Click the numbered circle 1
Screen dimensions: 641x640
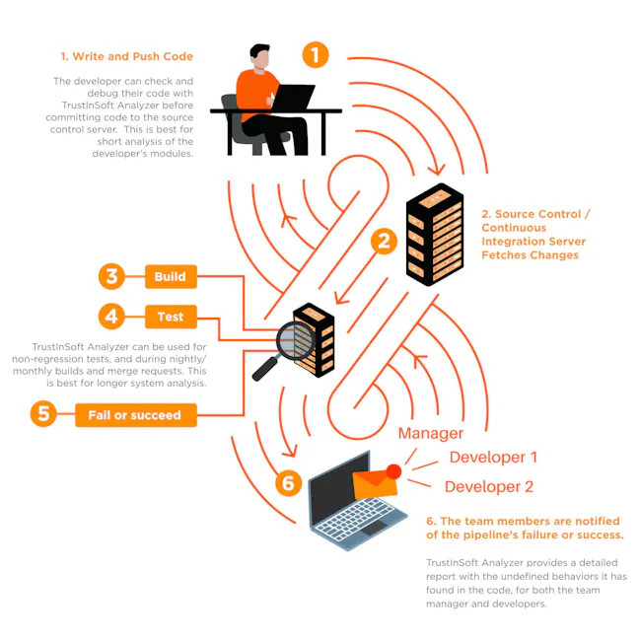(x=315, y=54)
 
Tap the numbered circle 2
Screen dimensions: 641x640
(x=383, y=240)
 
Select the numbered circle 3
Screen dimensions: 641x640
(x=112, y=277)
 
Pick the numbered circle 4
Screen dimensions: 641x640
(x=112, y=318)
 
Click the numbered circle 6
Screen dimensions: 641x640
(x=287, y=482)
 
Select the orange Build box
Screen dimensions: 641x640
(x=170, y=277)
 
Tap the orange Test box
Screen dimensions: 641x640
(x=170, y=318)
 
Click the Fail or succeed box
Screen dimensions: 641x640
(x=135, y=415)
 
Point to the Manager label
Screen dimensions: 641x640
(x=430, y=433)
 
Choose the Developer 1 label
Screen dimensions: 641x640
(x=493, y=458)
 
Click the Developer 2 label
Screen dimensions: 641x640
(x=489, y=486)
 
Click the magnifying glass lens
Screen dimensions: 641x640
(x=294, y=342)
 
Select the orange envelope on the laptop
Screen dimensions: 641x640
(x=375, y=483)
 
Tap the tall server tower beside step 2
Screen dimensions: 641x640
(x=435, y=235)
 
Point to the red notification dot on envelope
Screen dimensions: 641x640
(x=394, y=471)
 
